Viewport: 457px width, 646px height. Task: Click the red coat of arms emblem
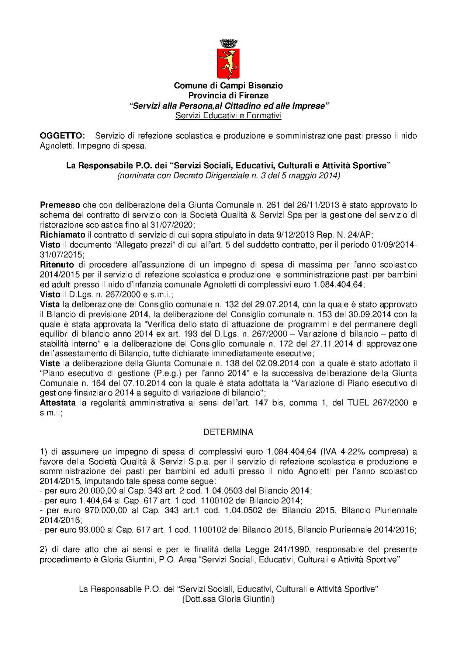[x=228, y=62]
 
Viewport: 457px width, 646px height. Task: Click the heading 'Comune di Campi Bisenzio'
[x=228, y=86]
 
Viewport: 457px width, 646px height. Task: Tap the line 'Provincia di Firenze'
[x=228, y=96]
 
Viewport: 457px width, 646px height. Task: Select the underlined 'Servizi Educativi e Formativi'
[x=228, y=116]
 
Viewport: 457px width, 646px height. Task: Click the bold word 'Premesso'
[x=60, y=205]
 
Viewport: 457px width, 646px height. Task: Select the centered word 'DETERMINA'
[x=228, y=432]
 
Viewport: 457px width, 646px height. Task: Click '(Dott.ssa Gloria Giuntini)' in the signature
[x=228, y=600]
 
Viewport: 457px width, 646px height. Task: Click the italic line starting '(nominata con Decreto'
[x=228, y=176]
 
